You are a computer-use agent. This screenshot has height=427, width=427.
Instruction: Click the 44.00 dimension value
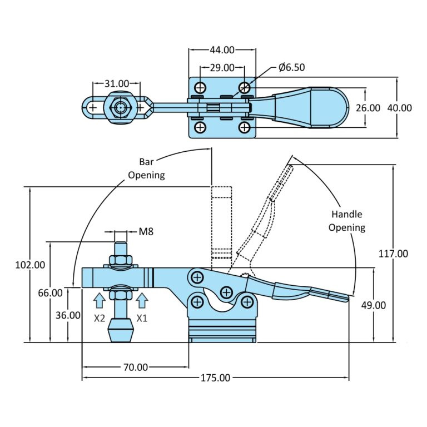pyautogui.click(x=222, y=50)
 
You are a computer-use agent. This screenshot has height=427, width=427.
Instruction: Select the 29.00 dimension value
pyautogui.click(x=222, y=67)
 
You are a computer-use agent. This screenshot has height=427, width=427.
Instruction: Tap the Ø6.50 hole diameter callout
pyautogui.click(x=292, y=67)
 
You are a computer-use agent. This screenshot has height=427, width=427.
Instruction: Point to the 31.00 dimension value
pyautogui.click(x=117, y=83)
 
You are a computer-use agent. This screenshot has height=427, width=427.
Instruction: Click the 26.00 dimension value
pyautogui.click(x=368, y=108)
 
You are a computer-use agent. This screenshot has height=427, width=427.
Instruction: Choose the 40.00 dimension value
pyautogui.click(x=400, y=108)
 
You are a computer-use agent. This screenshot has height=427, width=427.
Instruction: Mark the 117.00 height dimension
pyautogui.click(x=393, y=254)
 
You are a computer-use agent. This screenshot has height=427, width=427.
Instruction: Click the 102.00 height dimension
pyautogui.click(x=30, y=265)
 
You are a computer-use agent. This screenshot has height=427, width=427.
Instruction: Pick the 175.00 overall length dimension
pyautogui.click(x=215, y=378)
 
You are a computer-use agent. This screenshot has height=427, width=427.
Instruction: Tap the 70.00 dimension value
pyautogui.click(x=136, y=367)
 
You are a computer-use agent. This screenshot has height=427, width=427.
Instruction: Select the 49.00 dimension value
pyautogui.click(x=374, y=305)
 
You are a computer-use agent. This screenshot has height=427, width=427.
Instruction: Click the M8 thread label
pyautogui.click(x=146, y=232)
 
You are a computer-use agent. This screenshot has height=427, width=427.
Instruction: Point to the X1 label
pyautogui.click(x=142, y=318)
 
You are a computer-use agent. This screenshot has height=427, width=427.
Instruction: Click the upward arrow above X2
pyautogui.click(x=100, y=300)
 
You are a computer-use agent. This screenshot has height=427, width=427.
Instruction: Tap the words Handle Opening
pyautogui.click(x=347, y=221)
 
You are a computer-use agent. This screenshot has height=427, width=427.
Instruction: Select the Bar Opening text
pyautogui.click(x=147, y=168)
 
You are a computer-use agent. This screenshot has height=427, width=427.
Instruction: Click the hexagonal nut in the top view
pyautogui.click(x=121, y=107)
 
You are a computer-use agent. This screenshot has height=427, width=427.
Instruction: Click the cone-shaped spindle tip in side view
pyautogui.click(x=121, y=330)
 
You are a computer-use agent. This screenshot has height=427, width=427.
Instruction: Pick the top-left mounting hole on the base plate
pyautogui.click(x=200, y=88)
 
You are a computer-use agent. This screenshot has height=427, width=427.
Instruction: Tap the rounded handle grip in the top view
pyautogui.click(x=329, y=107)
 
